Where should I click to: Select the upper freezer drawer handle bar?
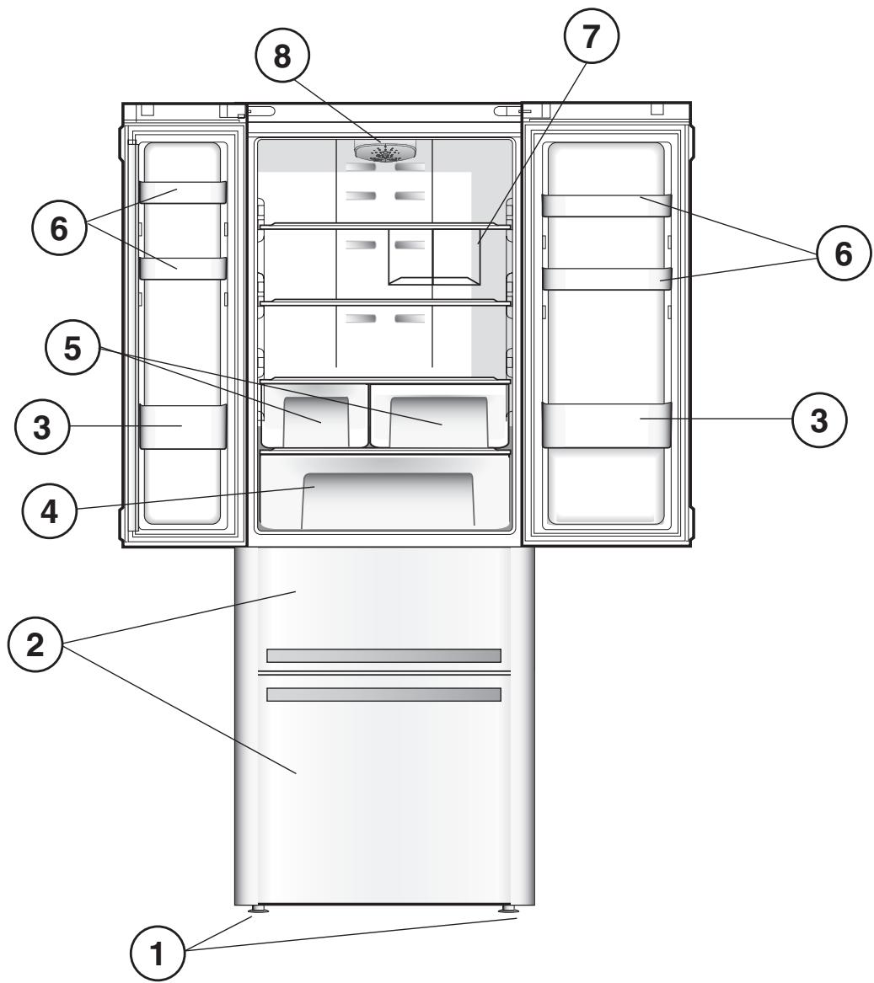(x=383, y=655)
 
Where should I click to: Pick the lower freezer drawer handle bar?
(x=383, y=694)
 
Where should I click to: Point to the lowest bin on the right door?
(x=606, y=425)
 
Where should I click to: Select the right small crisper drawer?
(x=439, y=416)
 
